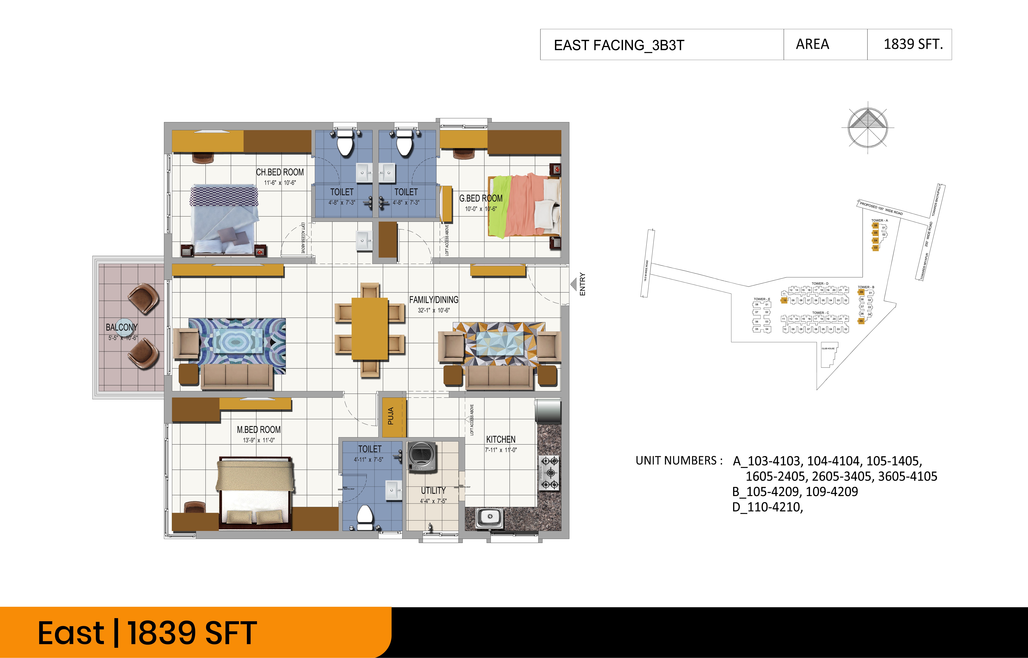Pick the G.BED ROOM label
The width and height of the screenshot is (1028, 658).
tap(481, 198)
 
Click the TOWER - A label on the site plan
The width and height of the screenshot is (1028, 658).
tap(879, 221)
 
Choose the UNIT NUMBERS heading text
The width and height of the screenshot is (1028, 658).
tap(678, 461)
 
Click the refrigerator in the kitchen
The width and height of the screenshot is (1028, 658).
tap(548, 411)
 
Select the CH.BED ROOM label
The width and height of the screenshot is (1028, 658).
tap(280, 172)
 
